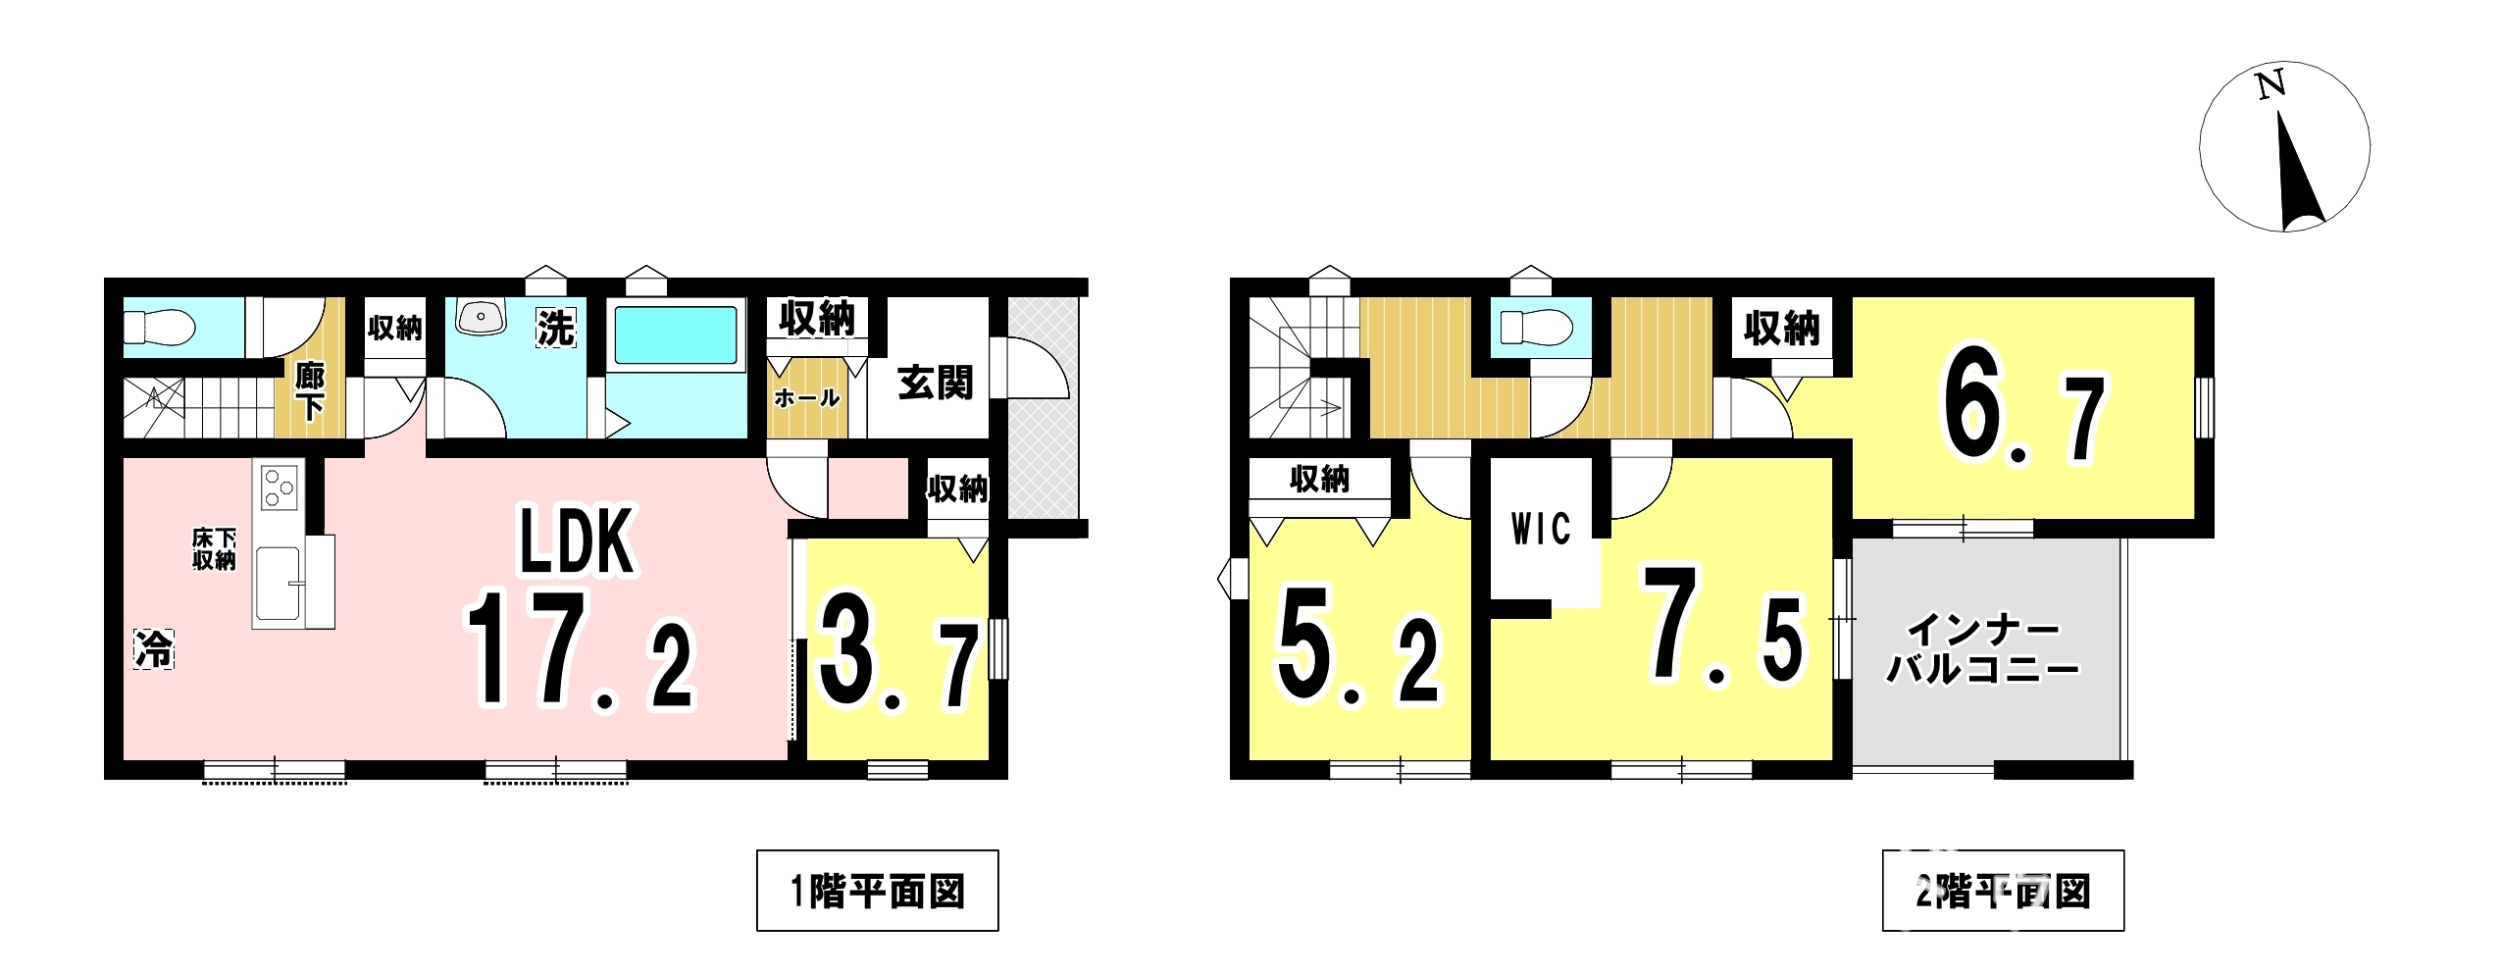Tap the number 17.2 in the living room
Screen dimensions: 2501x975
[581, 650]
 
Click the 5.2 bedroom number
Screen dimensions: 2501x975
[1358, 645]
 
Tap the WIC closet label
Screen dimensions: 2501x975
[1541, 530]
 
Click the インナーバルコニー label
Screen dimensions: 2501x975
[1982, 650]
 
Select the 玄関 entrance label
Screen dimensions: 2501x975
[936, 382]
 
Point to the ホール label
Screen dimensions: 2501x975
[806, 398]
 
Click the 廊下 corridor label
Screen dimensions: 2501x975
[310, 390]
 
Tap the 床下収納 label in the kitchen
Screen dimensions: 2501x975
[214, 549]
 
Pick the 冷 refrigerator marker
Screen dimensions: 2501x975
[154, 648]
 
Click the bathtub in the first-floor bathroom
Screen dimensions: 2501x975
[675, 336]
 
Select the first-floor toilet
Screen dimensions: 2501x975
[159, 327]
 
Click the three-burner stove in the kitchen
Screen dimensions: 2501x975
[279, 486]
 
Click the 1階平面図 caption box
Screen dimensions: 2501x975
[877, 891]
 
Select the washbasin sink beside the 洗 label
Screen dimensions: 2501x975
[480, 316]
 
